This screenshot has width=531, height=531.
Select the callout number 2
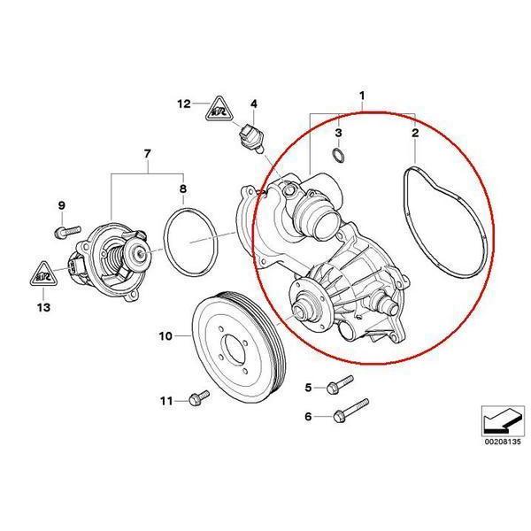pos(415,133)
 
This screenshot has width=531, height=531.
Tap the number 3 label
pos(338,133)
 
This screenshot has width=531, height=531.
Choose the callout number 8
pos(183,189)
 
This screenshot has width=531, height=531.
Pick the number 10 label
pos(165,336)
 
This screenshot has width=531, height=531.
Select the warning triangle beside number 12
pos(218,110)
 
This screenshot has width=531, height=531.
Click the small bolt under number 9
pos(63,231)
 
